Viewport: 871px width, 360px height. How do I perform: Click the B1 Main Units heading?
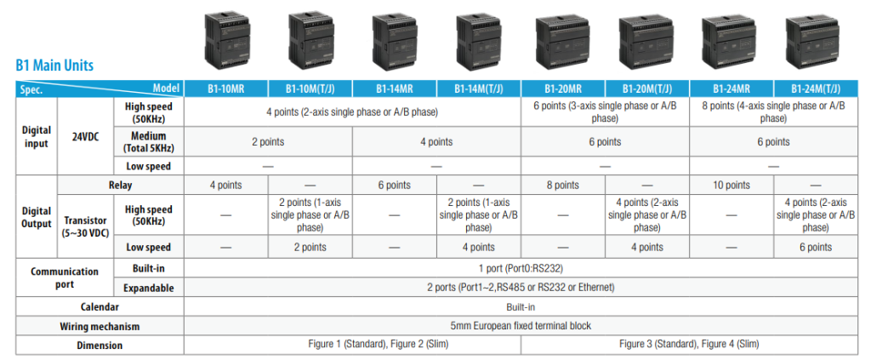[x=54, y=66]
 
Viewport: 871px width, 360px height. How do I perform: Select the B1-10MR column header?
[x=226, y=89]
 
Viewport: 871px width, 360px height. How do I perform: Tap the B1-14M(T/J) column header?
[x=479, y=89]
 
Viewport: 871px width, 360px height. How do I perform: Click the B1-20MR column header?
[x=563, y=89]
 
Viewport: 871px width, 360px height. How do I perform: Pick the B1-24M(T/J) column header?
[x=816, y=89]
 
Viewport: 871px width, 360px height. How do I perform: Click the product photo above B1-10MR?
[x=226, y=41]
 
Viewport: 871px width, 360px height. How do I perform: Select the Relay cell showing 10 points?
[x=731, y=185]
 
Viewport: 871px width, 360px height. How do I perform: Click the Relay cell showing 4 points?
[x=226, y=185]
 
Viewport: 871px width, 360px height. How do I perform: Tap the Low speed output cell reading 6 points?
[x=816, y=247]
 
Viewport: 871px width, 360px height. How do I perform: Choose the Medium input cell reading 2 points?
[x=268, y=141]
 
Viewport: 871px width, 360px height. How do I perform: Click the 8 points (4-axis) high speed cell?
[x=773, y=112]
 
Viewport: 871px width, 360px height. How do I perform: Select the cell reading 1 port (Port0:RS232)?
[x=521, y=269]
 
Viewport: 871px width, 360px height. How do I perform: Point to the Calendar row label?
[x=100, y=306]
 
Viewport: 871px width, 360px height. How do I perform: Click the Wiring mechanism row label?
[x=100, y=326]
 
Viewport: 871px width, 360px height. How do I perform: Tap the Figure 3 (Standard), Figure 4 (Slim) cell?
[x=689, y=344]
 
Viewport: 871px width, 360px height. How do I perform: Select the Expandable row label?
[x=148, y=288]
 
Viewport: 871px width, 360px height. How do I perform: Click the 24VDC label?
[x=86, y=136]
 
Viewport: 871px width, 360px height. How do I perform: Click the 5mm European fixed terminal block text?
[x=521, y=326]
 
